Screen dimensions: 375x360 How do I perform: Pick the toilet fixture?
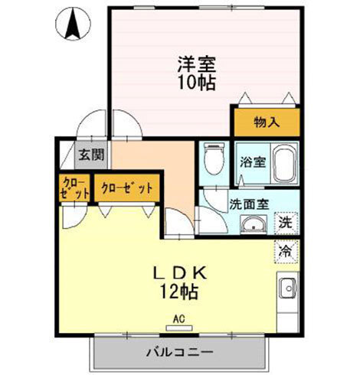213,159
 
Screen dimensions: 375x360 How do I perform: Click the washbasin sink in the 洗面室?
252,224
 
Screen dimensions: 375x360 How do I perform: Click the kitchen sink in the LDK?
288,290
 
